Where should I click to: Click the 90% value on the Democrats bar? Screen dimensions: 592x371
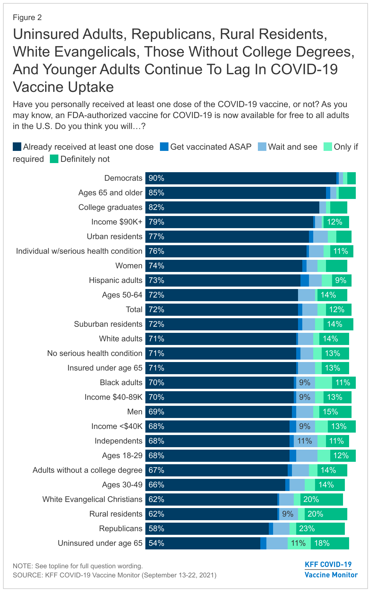tap(157, 178)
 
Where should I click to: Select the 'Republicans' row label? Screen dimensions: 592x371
tap(121, 529)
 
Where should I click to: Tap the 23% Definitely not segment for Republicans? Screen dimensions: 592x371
tap(307, 529)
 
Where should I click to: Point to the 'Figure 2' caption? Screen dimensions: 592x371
tap(27, 18)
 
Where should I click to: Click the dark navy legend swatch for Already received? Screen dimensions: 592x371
tap(17, 147)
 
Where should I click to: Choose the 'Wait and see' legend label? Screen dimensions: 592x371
tap(293, 147)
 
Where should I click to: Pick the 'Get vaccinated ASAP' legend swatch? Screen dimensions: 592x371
tap(164, 147)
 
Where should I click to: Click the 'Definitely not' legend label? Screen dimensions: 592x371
tap(85, 159)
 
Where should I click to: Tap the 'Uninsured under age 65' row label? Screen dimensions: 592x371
tap(100, 543)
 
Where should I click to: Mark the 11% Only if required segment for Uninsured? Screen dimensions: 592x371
tap(298, 543)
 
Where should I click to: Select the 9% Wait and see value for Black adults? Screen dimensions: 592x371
tap(305, 383)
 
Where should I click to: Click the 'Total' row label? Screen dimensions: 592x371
tap(134, 310)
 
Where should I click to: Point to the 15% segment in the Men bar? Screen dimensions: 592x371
tap(331, 412)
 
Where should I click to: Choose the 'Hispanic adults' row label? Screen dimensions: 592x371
tap(116, 280)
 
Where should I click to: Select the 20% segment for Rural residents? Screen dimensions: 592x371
tap(315, 514)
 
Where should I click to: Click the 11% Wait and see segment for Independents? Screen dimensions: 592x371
tap(305, 441)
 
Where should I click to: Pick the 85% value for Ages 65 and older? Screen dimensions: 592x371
tap(157, 193)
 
